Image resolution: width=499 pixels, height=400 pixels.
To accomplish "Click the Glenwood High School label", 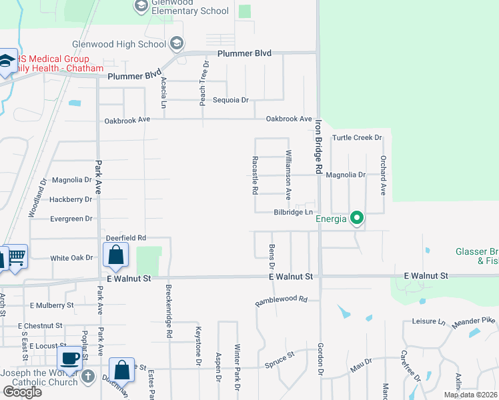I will coord(127,45).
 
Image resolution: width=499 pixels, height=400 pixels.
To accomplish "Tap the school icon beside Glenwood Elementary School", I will coord(141,6).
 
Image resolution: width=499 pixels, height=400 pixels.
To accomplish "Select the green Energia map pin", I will coord(357,218).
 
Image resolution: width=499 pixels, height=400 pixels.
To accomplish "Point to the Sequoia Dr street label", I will coord(230,100).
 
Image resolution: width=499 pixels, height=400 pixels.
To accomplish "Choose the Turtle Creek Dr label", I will coord(356,138).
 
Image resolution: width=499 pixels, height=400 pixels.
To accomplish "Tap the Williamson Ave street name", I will coord(289,175).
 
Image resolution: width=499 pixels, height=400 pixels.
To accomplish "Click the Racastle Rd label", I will coord(255,175).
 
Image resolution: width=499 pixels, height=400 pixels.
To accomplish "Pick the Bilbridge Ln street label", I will coord(294,213).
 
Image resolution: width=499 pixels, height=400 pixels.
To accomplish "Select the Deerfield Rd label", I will coord(126,238).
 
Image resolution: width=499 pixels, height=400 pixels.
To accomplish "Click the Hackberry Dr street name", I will coord(70,199).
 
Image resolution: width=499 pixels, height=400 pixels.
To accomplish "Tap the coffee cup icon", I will coord(70,357).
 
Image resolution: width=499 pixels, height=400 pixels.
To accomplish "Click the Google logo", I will coord(22,392).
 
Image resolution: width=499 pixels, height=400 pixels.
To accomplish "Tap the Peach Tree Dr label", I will coord(204,84).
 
